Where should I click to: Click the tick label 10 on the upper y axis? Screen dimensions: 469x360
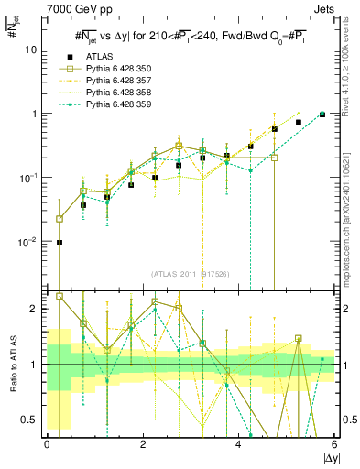click(x=32, y=50)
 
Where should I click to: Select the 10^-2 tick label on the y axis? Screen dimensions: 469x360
click(x=30, y=242)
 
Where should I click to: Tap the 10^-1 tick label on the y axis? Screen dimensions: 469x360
click(x=30, y=178)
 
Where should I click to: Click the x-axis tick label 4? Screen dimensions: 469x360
click(x=238, y=445)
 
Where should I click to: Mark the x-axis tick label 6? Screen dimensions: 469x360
click(x=334, y=445)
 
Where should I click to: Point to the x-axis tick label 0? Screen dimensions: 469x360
click(x=48, y=445)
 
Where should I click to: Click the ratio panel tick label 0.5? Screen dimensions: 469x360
click(x=32, y=420)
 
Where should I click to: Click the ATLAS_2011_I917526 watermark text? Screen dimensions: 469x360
click(x=191, y=275)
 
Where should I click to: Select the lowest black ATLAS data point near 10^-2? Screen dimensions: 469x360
click(x=60, y=243)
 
